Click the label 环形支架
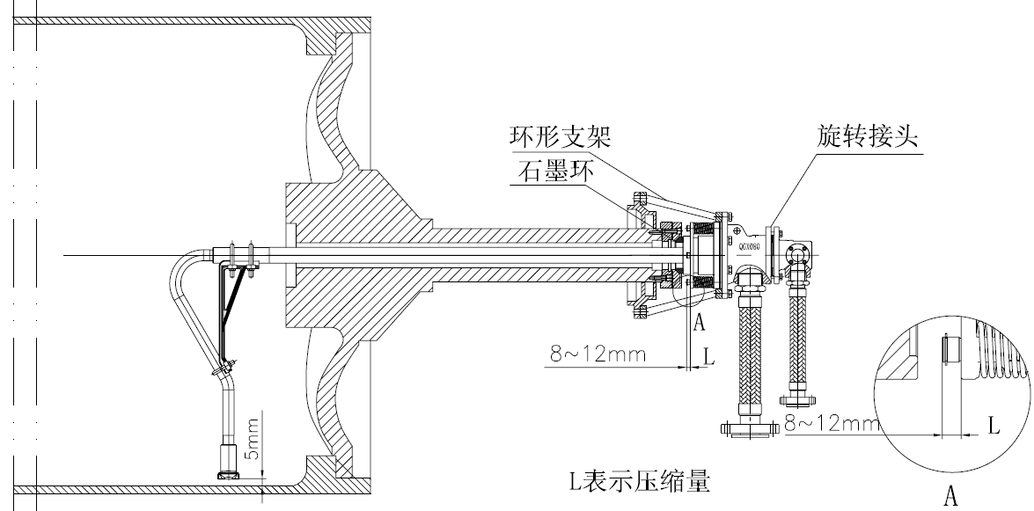[x=560, y=138]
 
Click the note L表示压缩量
[x=638, y=481]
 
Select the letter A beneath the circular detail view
[x=950, y=497]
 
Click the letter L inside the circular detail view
[x=994, y=427]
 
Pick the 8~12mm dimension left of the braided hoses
[x=598, y=355]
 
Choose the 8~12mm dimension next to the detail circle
[x=832, y=424]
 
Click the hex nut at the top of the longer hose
[x=749, y=281]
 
